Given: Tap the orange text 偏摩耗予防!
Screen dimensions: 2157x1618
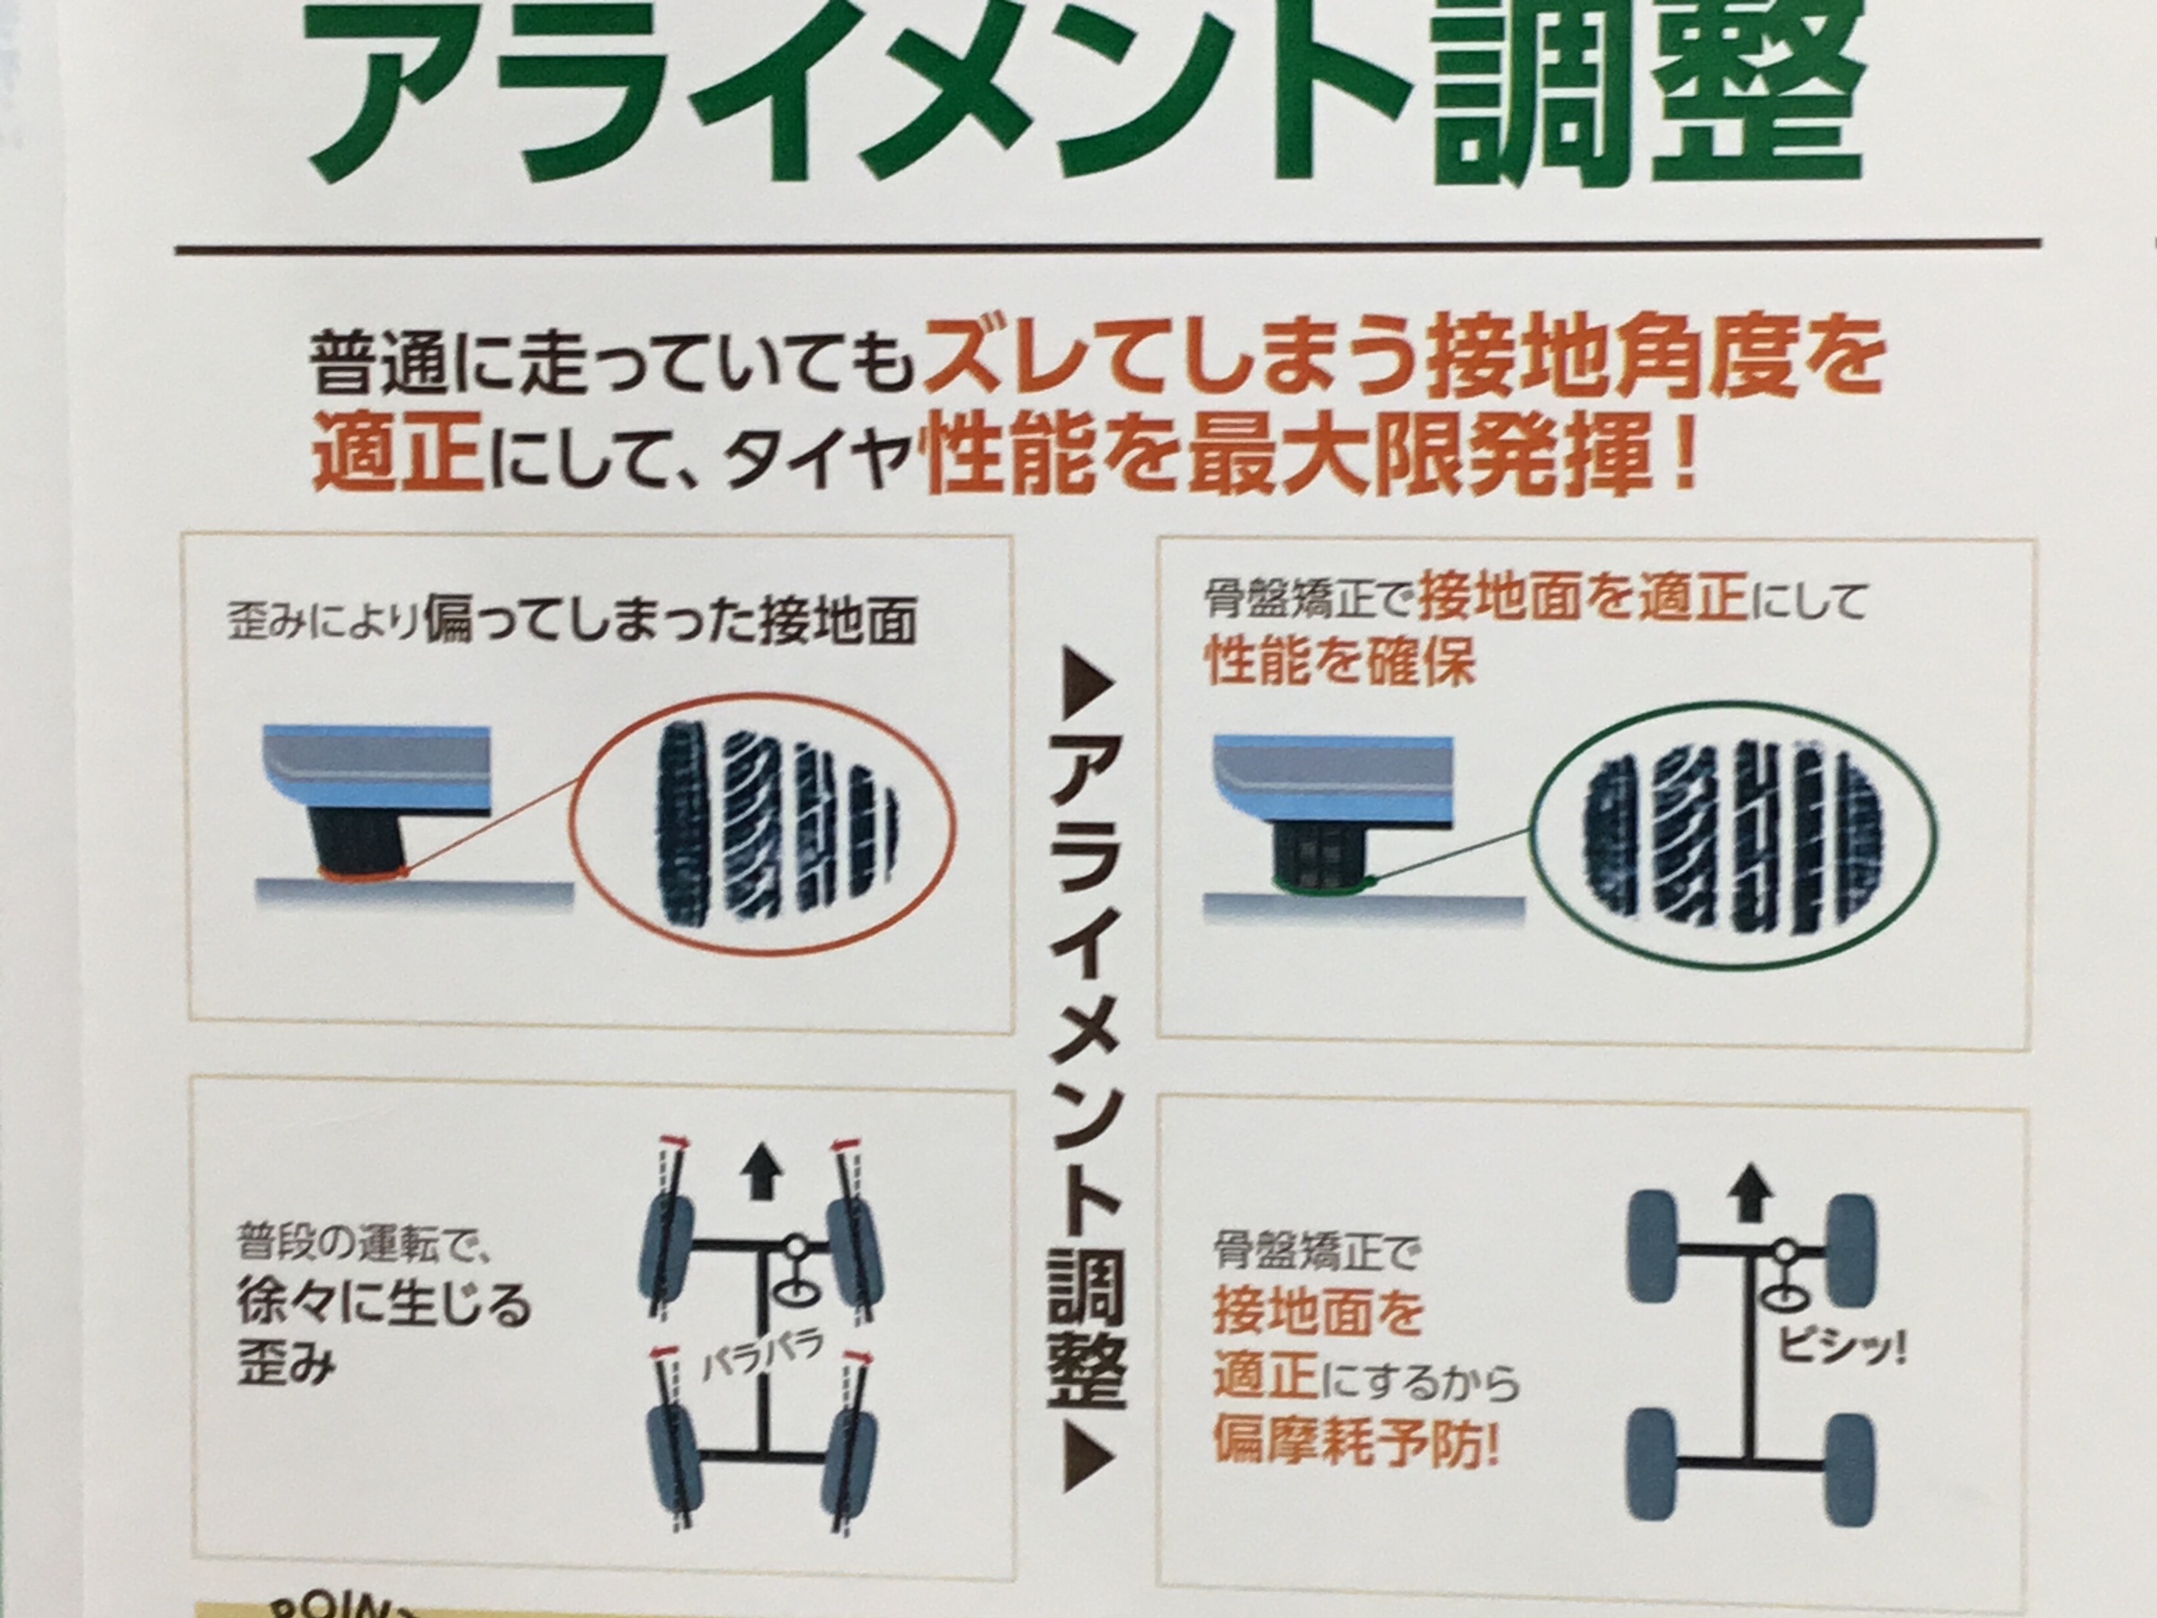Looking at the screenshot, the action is pyautogui.click(x=1356, y=1441).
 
